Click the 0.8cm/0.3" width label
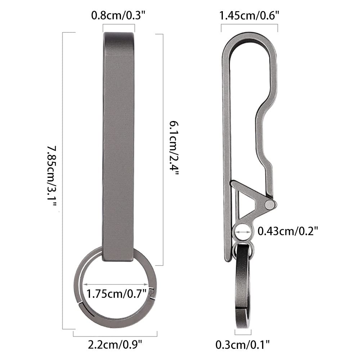pos(118,15)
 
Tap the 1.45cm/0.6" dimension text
pos(249,15)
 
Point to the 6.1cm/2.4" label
pos(174,148)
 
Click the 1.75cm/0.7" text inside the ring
pos(117,294)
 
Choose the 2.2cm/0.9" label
pos(115,345)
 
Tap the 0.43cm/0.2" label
pos(288,231)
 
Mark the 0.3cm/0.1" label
pos(242,345)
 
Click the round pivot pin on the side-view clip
pos(269,204)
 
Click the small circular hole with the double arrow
pos(243,232)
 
